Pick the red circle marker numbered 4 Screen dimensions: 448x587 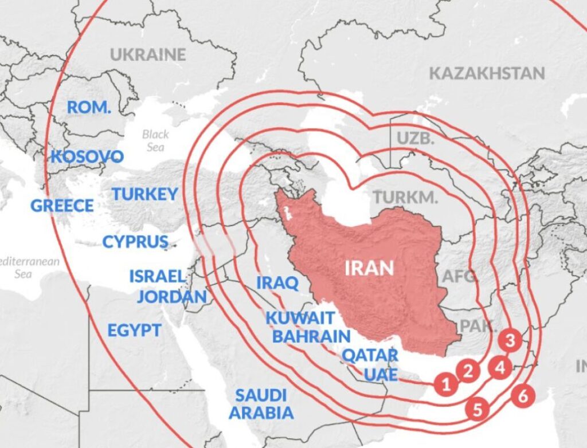pos(500,367)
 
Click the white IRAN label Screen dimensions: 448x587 pos(369,268)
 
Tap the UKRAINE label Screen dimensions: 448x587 pos(148,55)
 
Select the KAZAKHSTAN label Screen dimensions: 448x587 pos(487,73)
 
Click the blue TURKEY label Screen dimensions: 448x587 pos(144,194)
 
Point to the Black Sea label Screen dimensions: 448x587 pos(155,140)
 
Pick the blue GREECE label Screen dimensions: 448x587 pos(62,206)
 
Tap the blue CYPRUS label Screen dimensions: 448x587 pos(135,242)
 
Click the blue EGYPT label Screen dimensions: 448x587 pos(134,330)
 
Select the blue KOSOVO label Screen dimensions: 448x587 pos(87,156)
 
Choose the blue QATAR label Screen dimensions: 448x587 pos(370,355)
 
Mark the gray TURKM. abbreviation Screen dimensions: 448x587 pos(405,198)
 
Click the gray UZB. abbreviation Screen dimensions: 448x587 pos(415,138)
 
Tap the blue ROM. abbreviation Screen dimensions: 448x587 pos(89,107)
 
